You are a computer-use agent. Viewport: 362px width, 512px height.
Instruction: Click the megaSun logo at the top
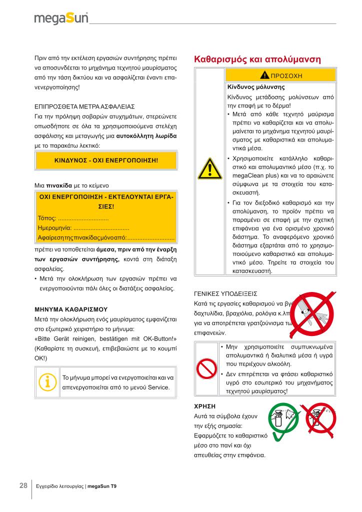tap(61, 19)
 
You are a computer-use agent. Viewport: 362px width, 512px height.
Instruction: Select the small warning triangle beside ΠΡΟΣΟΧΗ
tap(264, 75)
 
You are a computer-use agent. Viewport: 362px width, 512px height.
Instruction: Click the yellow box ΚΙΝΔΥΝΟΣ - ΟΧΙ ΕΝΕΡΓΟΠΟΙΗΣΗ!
tap(105, 160)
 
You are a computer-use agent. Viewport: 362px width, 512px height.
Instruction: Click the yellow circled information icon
tap(47, 381)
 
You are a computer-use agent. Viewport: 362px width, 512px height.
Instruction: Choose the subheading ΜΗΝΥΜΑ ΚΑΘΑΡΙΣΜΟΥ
tap(70, 309)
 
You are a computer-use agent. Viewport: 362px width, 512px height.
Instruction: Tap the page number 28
tap(23, 485)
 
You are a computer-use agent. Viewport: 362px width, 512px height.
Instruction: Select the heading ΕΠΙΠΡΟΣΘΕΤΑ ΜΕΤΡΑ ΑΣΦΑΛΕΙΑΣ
tap(84, 106)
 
